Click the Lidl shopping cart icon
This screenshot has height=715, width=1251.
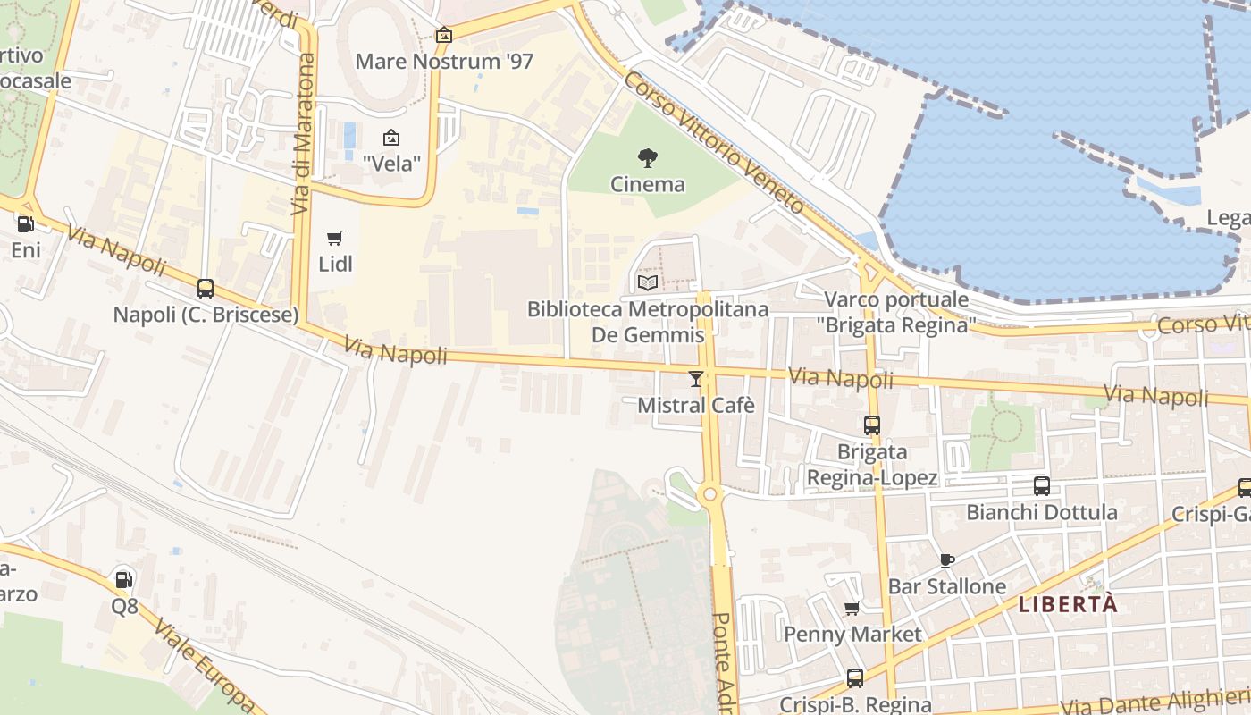pyautogui.click(x=335, y=238)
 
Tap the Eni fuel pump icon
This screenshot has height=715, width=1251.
pyautogui.click(x=26, y=224)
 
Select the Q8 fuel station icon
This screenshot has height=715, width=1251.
pyautogui.click(x=125, y=580)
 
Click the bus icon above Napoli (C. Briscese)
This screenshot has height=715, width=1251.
pyautogui.click(x=206, y=288)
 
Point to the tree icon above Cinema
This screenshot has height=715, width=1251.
pyautogui.click(x=648, y=158)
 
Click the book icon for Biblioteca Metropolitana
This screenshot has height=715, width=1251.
pyautogui.click(x=648, y=282)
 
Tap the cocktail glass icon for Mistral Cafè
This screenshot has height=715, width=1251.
pyautogui.click(x=696, y=379)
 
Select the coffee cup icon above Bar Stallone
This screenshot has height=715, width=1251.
pyautogui.click(x=947, y=560)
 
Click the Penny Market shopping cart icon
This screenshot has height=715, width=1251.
pyautogui.click(x=852, y=608)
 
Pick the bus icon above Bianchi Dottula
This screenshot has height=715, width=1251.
pyautogui.click(x=1042, y=485)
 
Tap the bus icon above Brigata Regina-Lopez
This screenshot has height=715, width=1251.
pyautogui.click(x=872, y=425)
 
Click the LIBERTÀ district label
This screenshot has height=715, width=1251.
pyautogui.click(x=1068, y=604)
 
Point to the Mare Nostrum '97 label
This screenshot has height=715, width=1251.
pyautogui.click(x=444, y=62)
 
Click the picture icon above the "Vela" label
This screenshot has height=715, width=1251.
pyautogui.click(x=391, y=138)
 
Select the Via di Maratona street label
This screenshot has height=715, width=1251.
pyautogui.click(x=304, y=134)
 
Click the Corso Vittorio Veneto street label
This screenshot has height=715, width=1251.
pyautogui.click(x=715, y=143)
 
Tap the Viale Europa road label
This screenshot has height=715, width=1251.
pyautogui.click(x=205, y=661)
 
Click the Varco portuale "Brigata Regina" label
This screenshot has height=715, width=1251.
pyautogui.click(x=896, y=312)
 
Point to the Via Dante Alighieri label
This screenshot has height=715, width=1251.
pyautogui.click(x=1153, y=700)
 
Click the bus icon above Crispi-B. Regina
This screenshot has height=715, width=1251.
pyautogui.click(x=855, y=678)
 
